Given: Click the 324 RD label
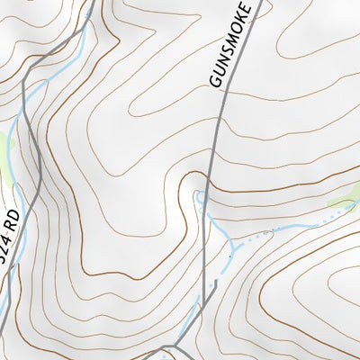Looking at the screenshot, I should point(10,236).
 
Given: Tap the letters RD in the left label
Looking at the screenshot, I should point(13,219).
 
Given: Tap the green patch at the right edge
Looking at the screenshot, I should point(346,198).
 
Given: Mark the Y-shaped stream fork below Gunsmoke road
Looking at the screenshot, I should point(233,241).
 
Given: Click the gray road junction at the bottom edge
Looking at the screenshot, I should point(170,348).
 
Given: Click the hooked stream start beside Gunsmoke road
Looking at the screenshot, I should point(199,196).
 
